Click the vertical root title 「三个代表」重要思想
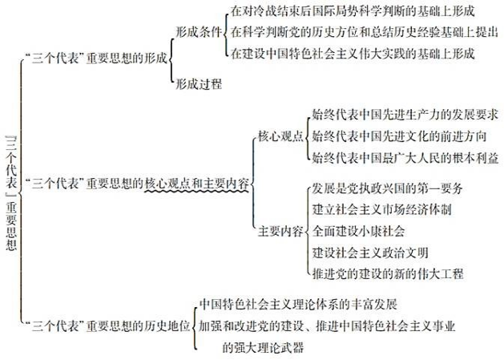click(x=11, y=192)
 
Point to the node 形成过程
click(x=199, y=83)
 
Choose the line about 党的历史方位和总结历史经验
click(x=352, y=34)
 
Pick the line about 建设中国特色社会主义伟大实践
click(x=352, y=54)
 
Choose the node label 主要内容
click(x=280, y=231)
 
